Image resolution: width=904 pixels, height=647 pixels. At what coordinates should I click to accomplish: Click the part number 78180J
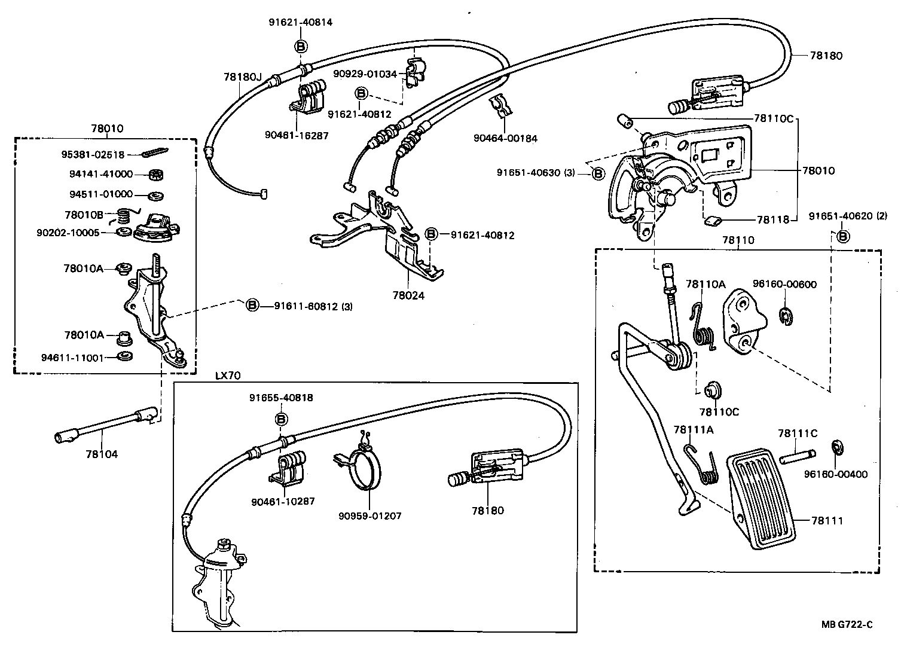pyautogui.click(x=243, y=77)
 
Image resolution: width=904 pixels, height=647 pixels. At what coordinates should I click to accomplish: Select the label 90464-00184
pyautogui.click(x=505, y=138)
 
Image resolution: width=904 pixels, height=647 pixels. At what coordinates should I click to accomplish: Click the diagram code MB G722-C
pyautogui.click(x=847, y=625)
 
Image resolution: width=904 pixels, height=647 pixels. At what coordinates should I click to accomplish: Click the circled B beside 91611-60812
pyautogui.click(x=252, y=306)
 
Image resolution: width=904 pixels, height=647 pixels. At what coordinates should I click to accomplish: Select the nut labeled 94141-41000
pyautogui.click(x=157, y=175)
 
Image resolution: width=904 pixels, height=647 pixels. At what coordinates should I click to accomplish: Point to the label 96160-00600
pyautogui.click(x=784, y=284)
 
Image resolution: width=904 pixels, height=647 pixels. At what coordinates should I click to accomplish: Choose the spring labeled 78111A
pyautogui.click(x=703, y=463)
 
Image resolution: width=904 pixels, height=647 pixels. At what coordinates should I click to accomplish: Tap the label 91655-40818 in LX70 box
pyautogui.click(x=281, y=398)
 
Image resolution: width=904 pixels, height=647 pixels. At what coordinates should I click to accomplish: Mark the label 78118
pyautogui.click(x=772, y=219)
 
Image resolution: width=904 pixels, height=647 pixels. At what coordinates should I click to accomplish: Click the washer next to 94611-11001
pyautogui.click(x=125, y=357)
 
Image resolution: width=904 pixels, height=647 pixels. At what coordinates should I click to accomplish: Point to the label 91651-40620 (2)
pyautogui.click(x=848, y=216)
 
